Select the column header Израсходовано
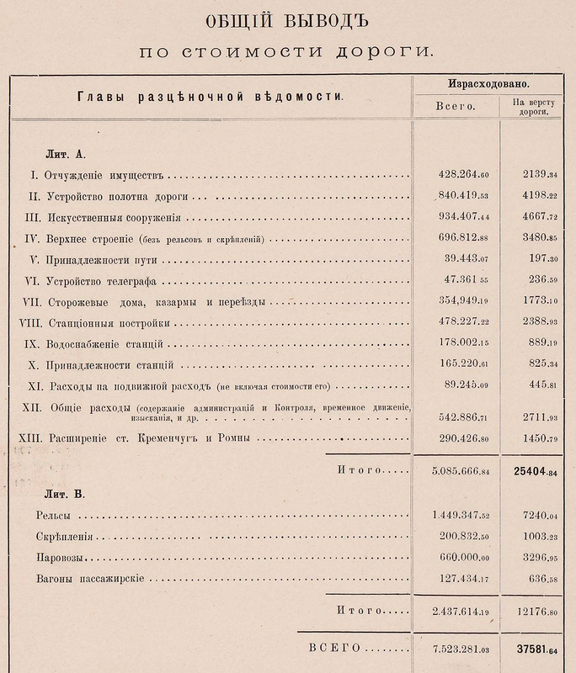click(x=488, y=86)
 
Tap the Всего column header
click(x=456, y=108)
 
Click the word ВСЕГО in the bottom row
click(x=334, y=649)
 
